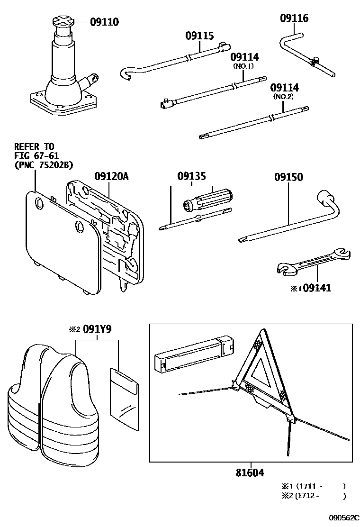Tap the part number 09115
(x=199, y=36)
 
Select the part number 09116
(x=294, y=18)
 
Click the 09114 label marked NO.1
(x=244, y=57)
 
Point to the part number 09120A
(x=111, y=177)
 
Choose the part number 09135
(x=192, y=177)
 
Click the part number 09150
(x=288, y=177)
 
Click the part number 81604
(x=250, y=472)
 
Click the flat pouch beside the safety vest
(x=124, y=396)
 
